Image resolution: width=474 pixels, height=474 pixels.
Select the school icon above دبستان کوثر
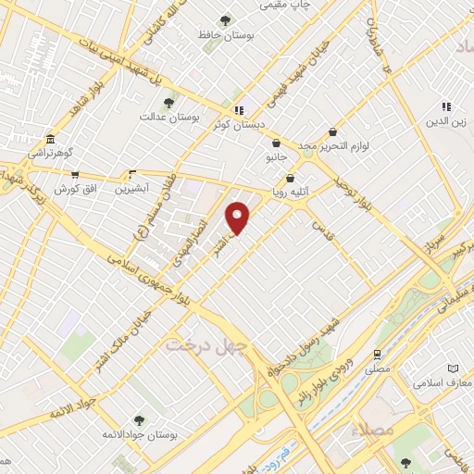click(x=239, y=109)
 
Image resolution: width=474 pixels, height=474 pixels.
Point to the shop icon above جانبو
click(x=276, y=143)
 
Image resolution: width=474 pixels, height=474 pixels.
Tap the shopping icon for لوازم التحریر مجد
click(x=332, y=132)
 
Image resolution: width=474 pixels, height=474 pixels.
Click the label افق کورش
click(x=75, y=188)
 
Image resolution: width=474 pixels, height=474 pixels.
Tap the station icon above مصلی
click(x=377, y=354)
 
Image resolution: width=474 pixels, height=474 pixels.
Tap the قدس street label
click(x=321, y=226)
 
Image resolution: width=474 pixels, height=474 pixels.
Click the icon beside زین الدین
click(x=446, y=106)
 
